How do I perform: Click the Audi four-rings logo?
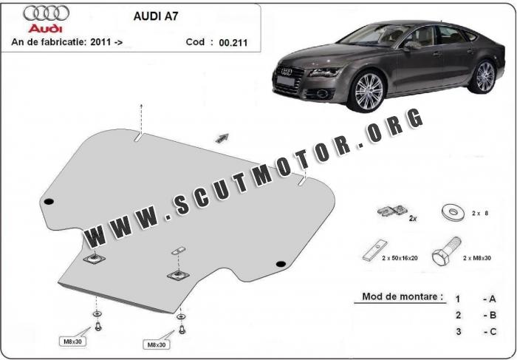pos(46,13)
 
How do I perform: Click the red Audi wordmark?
pos(45,28)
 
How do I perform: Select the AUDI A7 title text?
pos(156,16)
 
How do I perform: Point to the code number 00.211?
pos(233,43)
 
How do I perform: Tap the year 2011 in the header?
pos(101,42)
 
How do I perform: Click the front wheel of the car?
pos(369,91)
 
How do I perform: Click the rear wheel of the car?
pos(485,76)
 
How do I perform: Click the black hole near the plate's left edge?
pos(49,202)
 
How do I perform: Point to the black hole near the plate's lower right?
pos(281,264)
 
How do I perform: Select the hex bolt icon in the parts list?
pos(445,251)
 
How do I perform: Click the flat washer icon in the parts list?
pos(453,212)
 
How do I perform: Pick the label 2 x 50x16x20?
pos(400,258)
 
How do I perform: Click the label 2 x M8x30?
pos(477,258)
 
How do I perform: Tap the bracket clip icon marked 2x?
pos(391,211)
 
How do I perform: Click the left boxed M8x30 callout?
pos(72,342)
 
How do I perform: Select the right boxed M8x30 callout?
pos(157,344)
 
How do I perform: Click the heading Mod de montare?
pos(403,296)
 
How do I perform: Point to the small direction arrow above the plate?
pos(222,138)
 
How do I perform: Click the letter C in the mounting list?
pos(493,331)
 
